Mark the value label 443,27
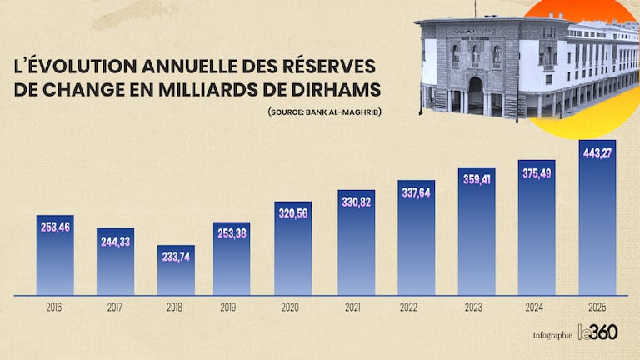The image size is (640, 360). click(597, 152)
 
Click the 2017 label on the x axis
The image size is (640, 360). click(115, 307)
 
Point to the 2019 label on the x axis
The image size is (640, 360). click(228, 307)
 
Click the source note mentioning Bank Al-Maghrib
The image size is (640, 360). click(324, 112)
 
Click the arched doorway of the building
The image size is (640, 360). click(476, 92)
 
